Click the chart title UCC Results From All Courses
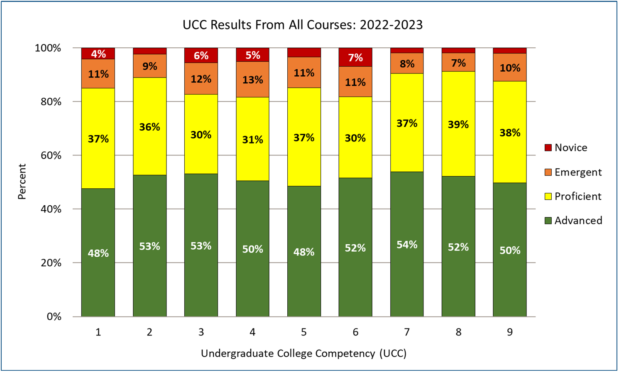pos(303,25)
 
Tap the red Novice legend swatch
pos(548,148)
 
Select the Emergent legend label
pos(577,172)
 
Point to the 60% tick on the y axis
pos(51,156)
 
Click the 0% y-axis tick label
pos(54,317)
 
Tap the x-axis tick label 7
pos(407,332)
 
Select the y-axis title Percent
pos(22,182)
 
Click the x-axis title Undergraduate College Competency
pos(303,353)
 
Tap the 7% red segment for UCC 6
pos(355,57)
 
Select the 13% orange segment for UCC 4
pos(252,80)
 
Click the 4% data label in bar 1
pos(98,54)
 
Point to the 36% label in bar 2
pos(149,127)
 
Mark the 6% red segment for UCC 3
pos(201,56)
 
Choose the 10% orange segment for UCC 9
pos(510,67)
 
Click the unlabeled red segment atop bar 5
pos(304,52)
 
